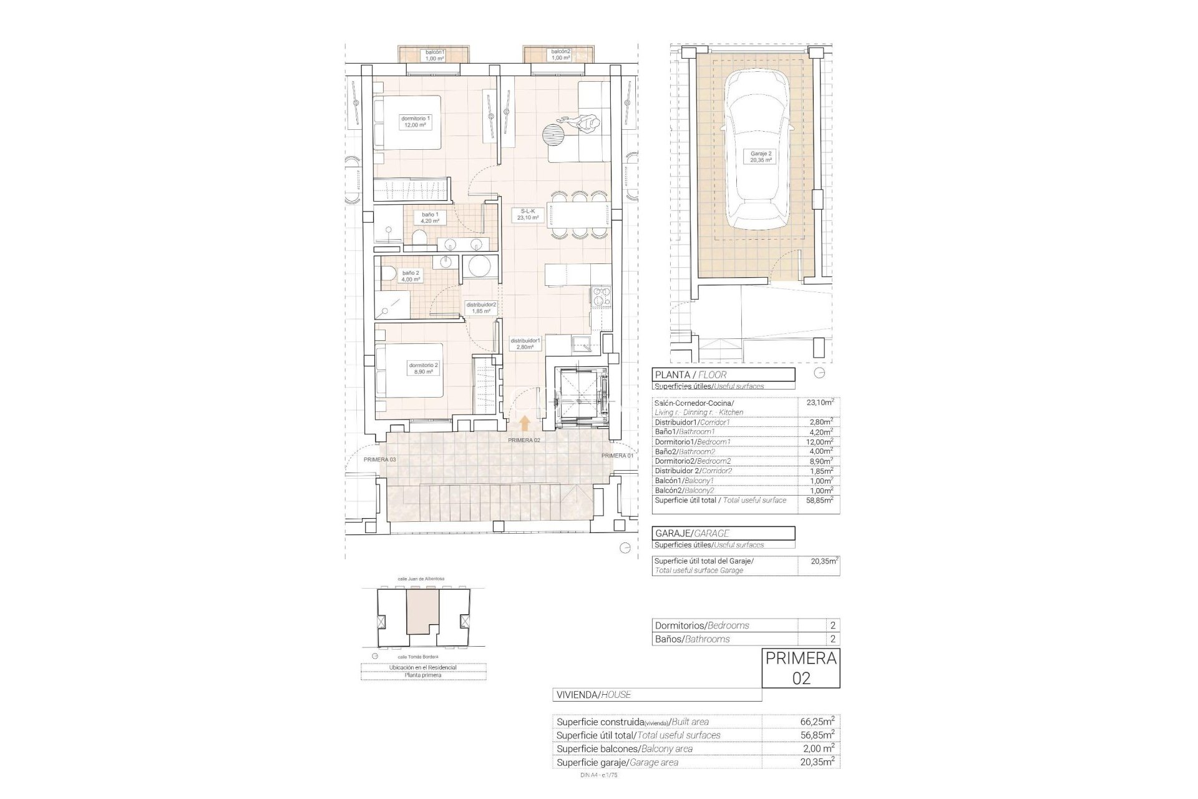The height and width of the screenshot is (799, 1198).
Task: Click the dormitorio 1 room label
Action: (x=416, y=122)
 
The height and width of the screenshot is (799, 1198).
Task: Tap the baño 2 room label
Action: (x=411, y=276)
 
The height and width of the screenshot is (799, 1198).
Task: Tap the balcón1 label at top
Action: (x=434, y=55)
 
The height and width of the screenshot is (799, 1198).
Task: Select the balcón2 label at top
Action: (x=560, y=55)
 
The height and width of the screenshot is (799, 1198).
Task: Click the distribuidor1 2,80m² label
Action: (x=525, y=344)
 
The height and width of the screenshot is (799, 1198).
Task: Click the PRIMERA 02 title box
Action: (x=801, y=668)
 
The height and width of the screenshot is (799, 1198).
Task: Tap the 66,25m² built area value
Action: (x=817, y=722)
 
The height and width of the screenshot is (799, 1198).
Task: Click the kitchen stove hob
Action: (x=601, y=297)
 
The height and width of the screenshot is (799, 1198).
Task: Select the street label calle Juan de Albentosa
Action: (x=421, y=579)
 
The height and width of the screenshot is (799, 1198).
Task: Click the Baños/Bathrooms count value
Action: (x=832, y=639)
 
